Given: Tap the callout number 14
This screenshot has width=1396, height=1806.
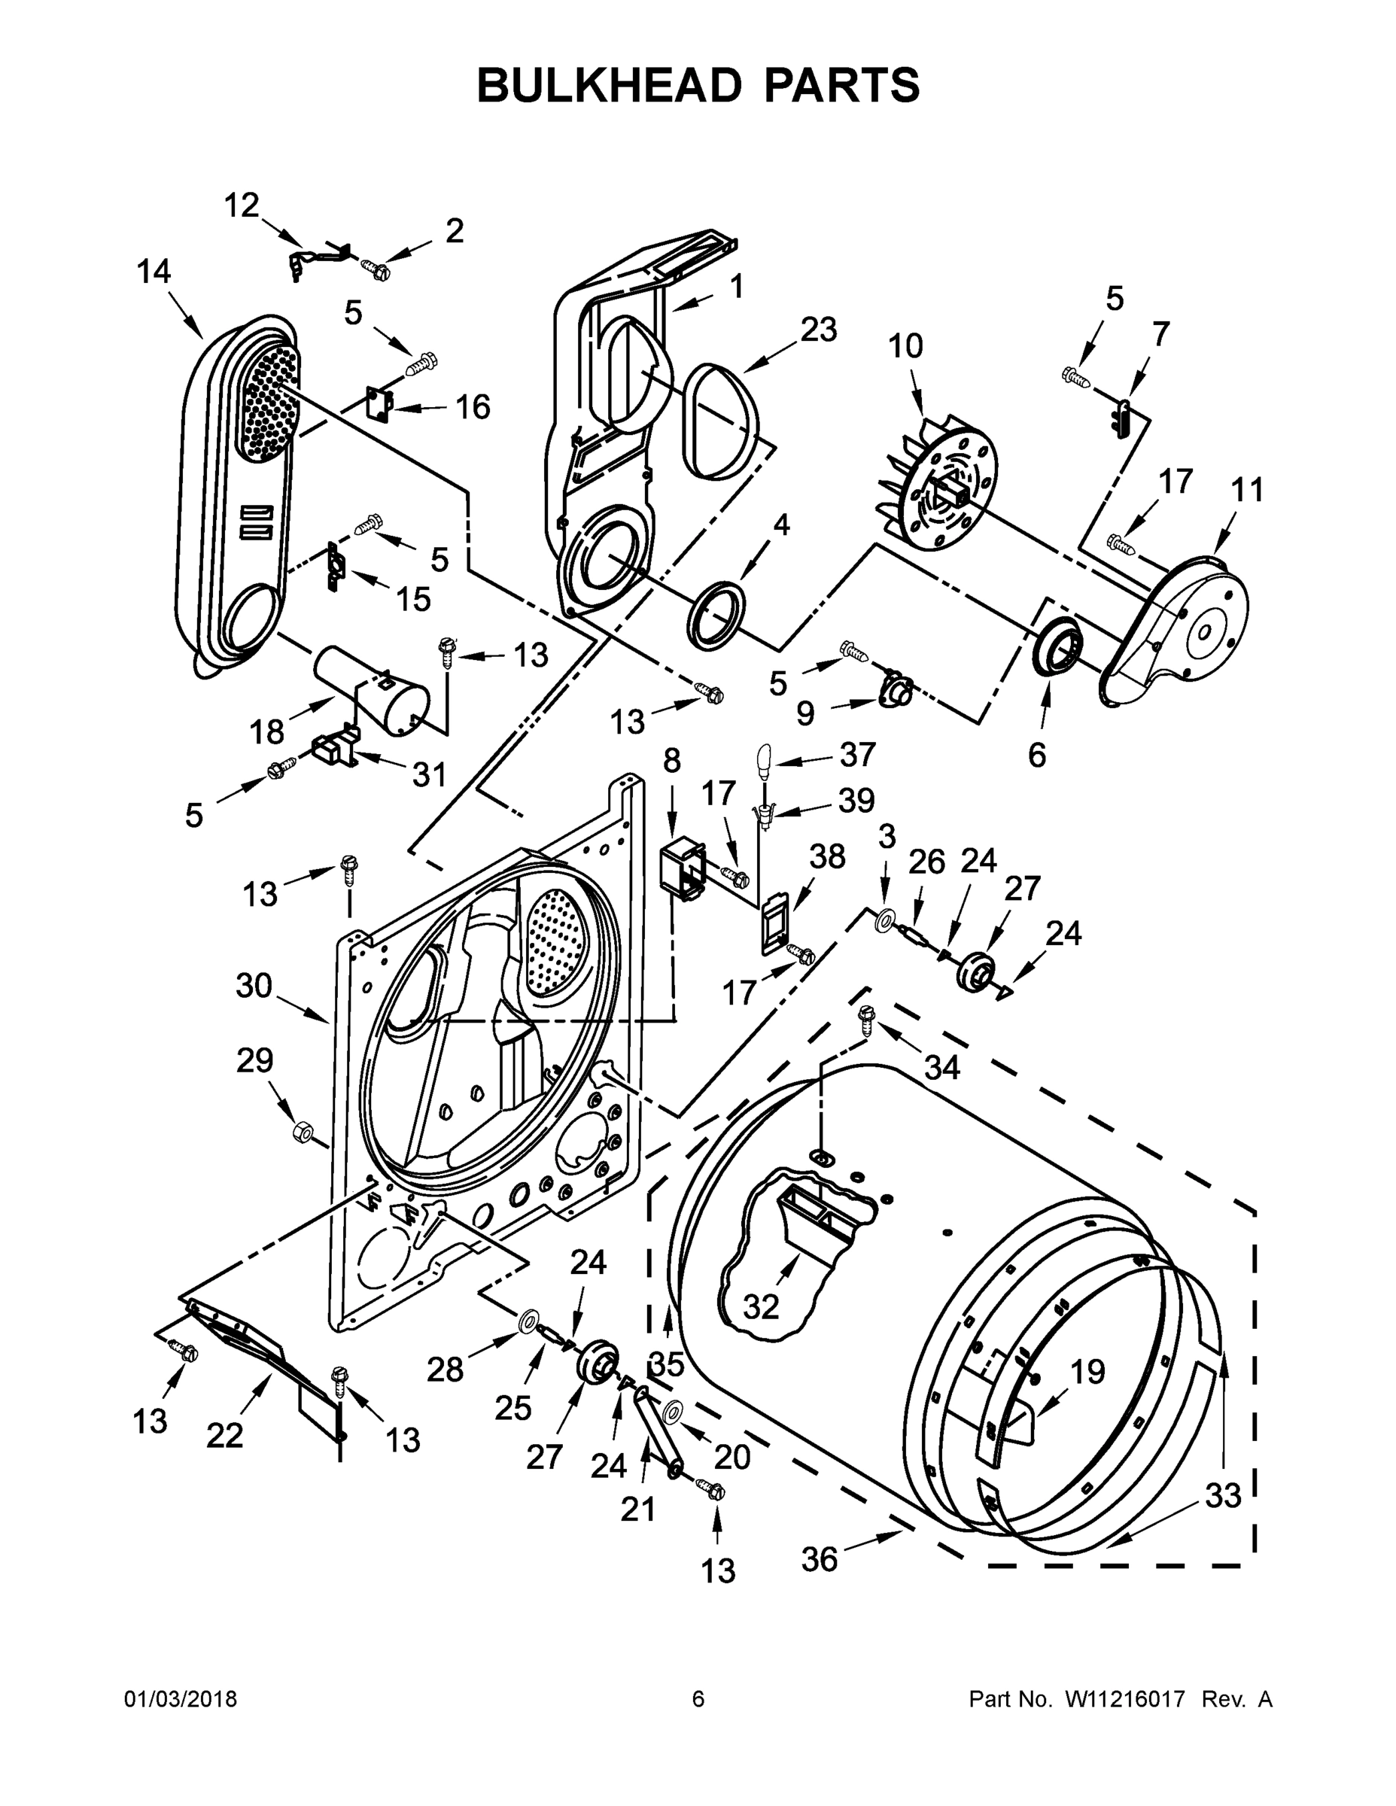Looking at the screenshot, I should pos(154,271).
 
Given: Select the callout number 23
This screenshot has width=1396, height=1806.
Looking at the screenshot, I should pos(818,329).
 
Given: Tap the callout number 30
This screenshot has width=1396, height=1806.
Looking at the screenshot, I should pos(254,985).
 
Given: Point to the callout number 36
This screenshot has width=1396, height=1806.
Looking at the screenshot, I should pos(819,1560).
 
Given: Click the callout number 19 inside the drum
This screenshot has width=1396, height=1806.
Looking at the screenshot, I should pos(1087,1372).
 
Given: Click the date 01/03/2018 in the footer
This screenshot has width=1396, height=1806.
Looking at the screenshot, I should pos(181,1699).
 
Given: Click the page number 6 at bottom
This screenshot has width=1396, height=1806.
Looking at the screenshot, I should pos(698,1699).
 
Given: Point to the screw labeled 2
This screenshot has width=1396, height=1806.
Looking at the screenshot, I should pos(377,269).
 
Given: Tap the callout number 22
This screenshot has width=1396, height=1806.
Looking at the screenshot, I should pos(224,1437).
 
